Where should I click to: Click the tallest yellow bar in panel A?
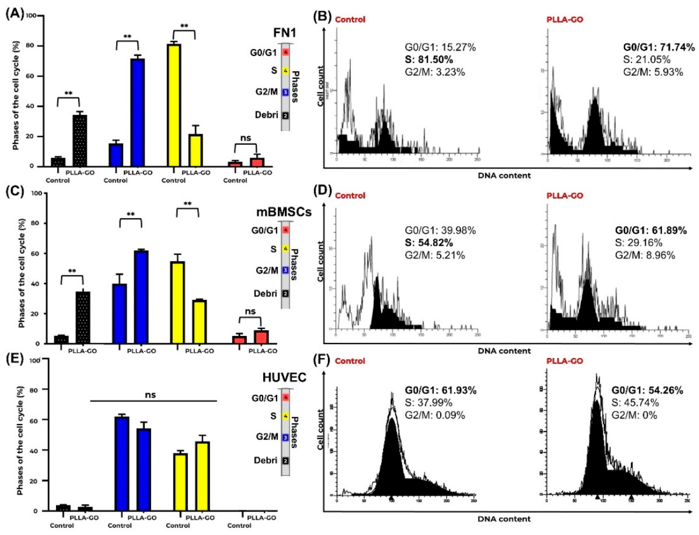coord(174,105)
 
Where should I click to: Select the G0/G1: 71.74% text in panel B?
coord(659,48)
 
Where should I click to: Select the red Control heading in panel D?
coord(350,196)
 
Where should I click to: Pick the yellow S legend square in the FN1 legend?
coord(286,71)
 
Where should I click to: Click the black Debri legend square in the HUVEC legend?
coord(286,460)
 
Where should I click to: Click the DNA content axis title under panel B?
coord(504,175)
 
